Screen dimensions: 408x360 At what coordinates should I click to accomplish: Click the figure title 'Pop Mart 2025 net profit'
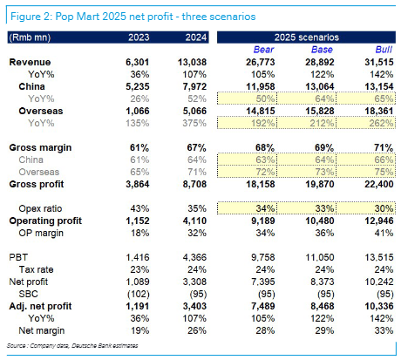pyautogui.click(x=114, y=17)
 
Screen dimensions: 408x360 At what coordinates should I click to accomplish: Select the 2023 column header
pyautogui.click(x=139, y=37)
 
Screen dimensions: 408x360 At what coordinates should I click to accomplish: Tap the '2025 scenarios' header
pyautogui.click(x=307, y=37)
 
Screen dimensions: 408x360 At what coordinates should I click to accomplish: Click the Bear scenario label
pyautogui.click(x=263, y=50)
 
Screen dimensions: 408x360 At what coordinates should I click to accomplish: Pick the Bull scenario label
pyautogui.click(x=384, y=50)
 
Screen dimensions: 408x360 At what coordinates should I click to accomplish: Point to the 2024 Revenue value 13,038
pyautogui.click(x=192, y=62)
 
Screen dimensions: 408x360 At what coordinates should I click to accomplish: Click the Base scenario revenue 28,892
pyautogui.click(x=320, y=62)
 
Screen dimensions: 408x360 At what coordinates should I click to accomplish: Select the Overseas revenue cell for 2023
pyautogui.click(x=138, y=111)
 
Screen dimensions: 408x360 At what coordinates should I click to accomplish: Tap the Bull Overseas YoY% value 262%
pyautogui.click(x=381, y=123)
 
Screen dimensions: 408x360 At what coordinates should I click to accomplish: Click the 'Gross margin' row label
pyautogui.click(x=40, y=147)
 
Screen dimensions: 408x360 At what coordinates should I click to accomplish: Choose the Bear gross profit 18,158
pyautogui.click(x=261, y=184)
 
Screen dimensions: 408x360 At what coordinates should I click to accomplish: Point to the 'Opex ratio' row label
pyautogui.click(x=40, y=208)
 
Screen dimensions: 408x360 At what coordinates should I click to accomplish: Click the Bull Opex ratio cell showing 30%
pyautogui.click(x=384, y=208)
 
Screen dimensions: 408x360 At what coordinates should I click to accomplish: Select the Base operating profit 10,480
pyautogui.click(x=320, y=221)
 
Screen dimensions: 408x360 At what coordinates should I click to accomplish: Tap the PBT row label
pyautogui.click(x=18, y=257)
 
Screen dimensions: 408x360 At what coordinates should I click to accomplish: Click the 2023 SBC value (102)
pyautogui.click(x=139, y=294)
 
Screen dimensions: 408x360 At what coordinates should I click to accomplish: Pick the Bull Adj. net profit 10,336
pyautogui.click(x=379, y=306)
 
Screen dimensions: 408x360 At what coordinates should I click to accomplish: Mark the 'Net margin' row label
pyautogui.click(x=42, y=330)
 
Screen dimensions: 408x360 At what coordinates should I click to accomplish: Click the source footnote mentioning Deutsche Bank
pyautogui.click(x=72, y=345)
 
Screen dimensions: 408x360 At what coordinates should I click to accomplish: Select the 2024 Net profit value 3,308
pyautogui.click(x=194, y=282)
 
